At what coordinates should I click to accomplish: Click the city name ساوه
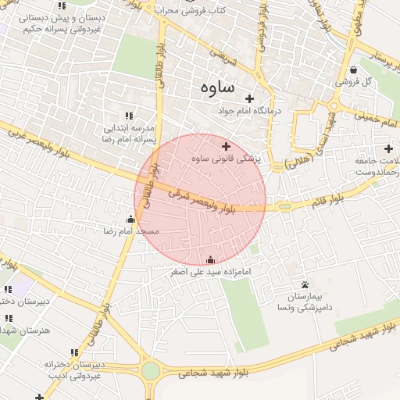[212, 87]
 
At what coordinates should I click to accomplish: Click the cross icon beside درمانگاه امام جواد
[250, 98]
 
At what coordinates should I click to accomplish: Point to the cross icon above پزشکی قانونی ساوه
[227, 146]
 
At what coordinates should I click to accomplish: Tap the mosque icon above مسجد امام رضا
[130, 219]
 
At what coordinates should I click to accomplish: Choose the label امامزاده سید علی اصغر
[210, 273]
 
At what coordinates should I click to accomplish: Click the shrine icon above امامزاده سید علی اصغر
[210, 260]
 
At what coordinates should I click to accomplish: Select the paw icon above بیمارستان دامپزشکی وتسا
[305, 284]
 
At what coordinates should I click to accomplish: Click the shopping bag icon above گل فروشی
[354, 69]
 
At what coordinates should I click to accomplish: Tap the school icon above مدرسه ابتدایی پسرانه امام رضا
[129, 115]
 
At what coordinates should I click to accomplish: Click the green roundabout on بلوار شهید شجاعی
[151, 370]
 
